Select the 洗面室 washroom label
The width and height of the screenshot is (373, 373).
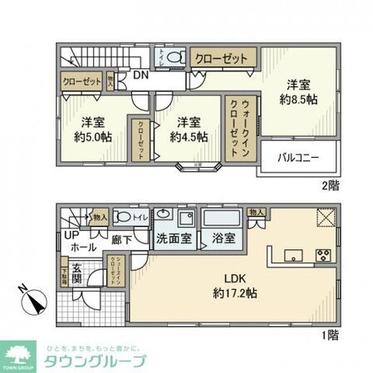[174, 238]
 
